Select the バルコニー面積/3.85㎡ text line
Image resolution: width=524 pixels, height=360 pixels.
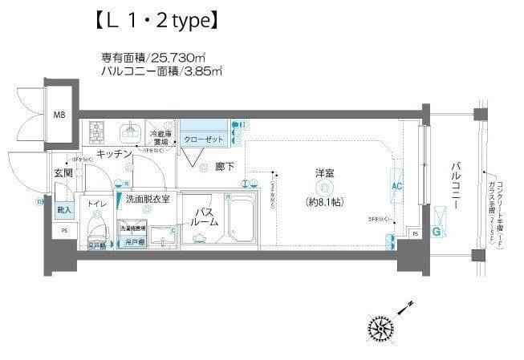pos(161,71)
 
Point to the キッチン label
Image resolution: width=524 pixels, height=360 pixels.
pos(115,153)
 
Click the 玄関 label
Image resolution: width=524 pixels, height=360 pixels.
pos(64,173)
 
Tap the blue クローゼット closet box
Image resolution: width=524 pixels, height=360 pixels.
pos(204,138)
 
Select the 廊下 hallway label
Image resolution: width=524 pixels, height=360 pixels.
pos(225,168)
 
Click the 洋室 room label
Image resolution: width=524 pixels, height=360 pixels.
pos(324,172)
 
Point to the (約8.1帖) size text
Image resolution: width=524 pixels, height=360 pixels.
pos(324,202)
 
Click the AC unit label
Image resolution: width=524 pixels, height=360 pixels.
pos(396,186)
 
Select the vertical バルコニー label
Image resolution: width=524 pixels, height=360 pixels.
pos(455,185)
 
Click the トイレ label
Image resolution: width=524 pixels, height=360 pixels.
pos(98,204)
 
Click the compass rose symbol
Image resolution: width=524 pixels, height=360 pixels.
pos(380,328)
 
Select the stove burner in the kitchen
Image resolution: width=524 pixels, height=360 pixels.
pos(100,128)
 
